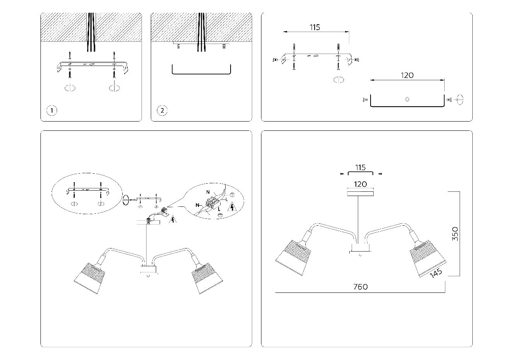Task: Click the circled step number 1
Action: (x=52, y=111)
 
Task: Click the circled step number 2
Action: (x=162, y=111)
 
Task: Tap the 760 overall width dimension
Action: (x=361, y=287)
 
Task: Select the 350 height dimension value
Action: (x=455, y=234)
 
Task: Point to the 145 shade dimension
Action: (x=437, y=273)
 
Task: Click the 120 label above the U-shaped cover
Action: (x=407, y=75)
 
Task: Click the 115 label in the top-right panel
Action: (x=315, y=27)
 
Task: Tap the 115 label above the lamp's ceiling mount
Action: (x=360, y=168)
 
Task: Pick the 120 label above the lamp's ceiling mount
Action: (x=360, y=184)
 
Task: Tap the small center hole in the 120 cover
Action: (x=407, y=99)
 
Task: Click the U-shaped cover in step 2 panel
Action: (x=201, y=71)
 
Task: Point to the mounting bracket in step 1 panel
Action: (x=91, y=65)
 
